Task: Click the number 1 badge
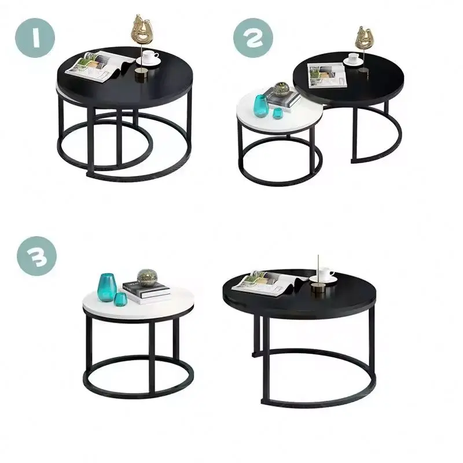click(x=36, y=38)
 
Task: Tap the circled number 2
click(x=253, y=38)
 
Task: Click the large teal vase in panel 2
click(x=259, y=105)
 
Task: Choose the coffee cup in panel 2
click(x=353, y=59)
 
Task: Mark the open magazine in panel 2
click(x=327, y=74)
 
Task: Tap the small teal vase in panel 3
click(x=121, y=299)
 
